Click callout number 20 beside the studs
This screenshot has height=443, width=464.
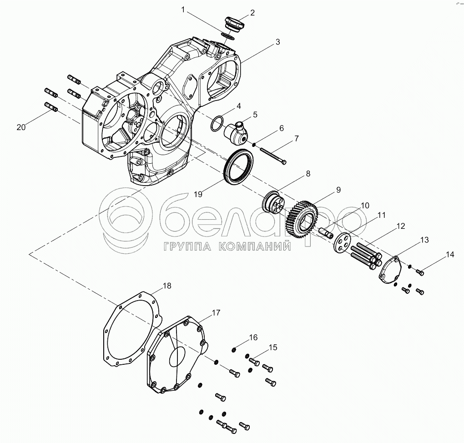pyautogui.click(x=21, y=127)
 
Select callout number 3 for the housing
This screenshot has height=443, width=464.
pyautogui.click(x=277, y=42)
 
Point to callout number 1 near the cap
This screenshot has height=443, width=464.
pyautogui.click(x=183, y=9)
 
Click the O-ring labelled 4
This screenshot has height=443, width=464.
pyautogui.click(x=217, y=123)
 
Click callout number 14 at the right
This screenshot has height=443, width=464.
pyautogui.click(x=450, y=255)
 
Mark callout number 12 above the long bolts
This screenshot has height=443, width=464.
pyautogui.click(x=400, y=226)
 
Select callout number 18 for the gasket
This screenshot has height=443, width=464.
pyautogui.click(x=167, y=286)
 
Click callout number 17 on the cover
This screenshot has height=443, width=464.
pyautogui.click(x=215, y=313)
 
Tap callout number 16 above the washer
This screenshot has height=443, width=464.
pyautogui.click(x=253, y=337)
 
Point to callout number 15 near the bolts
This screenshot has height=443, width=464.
pyautogui.click(x=272, y=347)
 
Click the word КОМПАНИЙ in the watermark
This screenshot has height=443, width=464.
pyautogui.click(x=254, y=247)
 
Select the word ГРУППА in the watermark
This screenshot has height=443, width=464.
pyautogui.click(x=182, y=247)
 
